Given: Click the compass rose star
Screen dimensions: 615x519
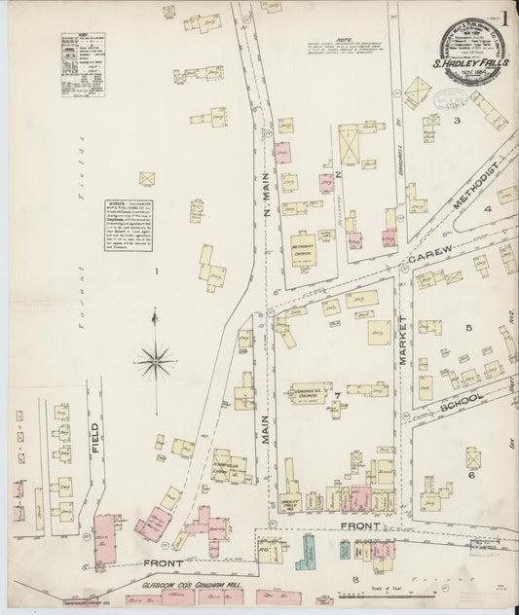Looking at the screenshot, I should pyautogui.click(x=155, y=363).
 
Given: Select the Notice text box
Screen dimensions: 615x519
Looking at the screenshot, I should pyautogui.click(x=128, y=226).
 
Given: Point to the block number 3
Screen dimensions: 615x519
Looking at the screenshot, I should pyautogui.click(x=456, y=121).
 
